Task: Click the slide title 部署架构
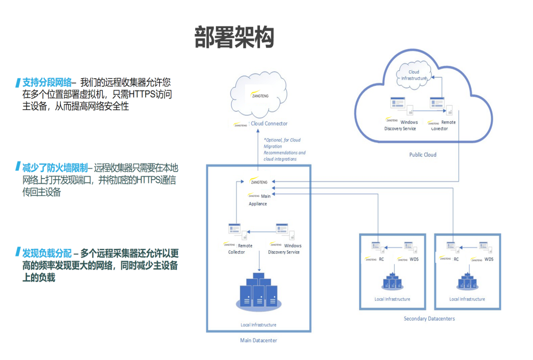click(235, 37)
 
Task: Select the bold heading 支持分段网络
click(47, 82)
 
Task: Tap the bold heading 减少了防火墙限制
click(55, 168)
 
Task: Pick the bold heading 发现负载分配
click(47, 253)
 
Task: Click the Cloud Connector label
click(269, 124)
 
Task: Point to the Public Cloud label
click(422, 155)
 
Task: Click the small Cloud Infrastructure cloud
click(414, 75)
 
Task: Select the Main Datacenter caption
click(258, 340)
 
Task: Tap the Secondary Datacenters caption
click(429, 319)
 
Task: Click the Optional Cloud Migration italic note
click(284, 149)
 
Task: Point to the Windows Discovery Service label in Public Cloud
click(401, 125)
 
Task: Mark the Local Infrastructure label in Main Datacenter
click(258, 325)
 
